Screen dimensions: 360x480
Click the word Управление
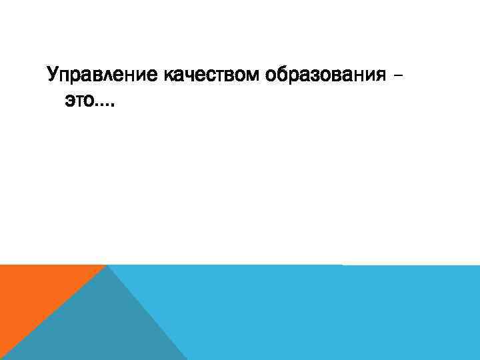101,74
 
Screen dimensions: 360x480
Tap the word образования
324,74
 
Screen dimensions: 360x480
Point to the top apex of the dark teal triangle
107,266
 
